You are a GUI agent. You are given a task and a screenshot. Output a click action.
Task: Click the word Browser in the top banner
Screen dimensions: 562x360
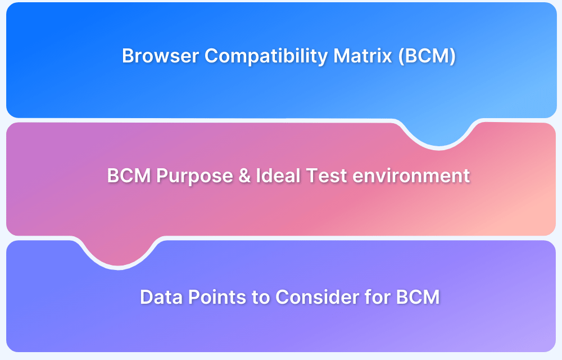pos(160,56)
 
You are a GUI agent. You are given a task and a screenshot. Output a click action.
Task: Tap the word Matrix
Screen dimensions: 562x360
pos(362,56)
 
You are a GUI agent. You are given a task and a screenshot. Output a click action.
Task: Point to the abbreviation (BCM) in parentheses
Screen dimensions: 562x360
pos(427,56)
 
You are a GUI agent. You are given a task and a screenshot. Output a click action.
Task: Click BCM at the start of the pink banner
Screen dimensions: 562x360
pos(129,175)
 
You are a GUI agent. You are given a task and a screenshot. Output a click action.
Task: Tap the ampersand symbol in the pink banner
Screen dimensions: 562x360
pos(244,175)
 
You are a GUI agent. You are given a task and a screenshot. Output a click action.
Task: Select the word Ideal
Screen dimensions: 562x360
pos(278,175)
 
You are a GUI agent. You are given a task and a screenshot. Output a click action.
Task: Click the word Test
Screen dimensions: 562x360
pos(327,175)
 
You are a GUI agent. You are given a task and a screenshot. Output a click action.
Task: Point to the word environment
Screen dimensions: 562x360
pos(411,176)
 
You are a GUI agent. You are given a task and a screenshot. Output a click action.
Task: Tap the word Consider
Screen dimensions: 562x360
pos(317,297)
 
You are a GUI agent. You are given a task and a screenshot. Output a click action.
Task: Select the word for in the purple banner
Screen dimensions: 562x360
pos(377,297)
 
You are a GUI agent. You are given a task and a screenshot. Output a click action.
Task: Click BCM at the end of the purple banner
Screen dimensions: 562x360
pos(418,297)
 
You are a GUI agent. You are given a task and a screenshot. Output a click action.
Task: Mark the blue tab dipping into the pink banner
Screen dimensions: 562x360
pos(439,133)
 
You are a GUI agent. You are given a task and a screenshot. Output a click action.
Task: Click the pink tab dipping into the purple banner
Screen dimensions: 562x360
pos(118,251)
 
